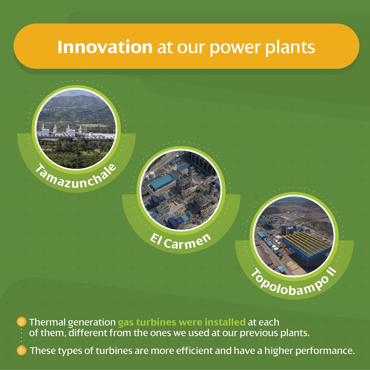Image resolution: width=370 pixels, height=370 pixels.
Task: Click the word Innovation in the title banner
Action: click(105, 47)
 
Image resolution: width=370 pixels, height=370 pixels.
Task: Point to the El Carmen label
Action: click(181, 242)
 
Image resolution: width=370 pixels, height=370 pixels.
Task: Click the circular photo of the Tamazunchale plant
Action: click(76, 129)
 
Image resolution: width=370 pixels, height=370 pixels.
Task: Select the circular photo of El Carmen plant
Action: click(181, 190)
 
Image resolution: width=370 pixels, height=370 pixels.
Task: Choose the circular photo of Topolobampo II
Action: click(294, 236)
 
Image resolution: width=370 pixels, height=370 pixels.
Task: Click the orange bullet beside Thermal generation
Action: click(22, 322)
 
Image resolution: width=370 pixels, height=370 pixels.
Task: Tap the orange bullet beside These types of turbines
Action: click(22, 350)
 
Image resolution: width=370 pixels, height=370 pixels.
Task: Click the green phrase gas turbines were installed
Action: click(182, 322)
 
